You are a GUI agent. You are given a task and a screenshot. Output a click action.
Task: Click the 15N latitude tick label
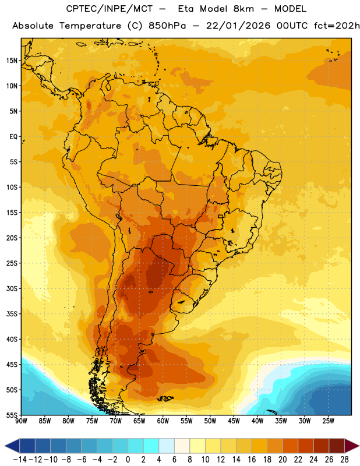pyautogui.click(x=12, y=61)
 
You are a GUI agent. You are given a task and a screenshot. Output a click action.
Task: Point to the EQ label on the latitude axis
pyautogui.click(x=13, y=137)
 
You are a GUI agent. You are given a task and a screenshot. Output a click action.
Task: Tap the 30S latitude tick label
pyautogui.click(x=12, y=288)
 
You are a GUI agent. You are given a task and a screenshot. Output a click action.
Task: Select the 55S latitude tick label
pyautogui.click(x=12, y=415)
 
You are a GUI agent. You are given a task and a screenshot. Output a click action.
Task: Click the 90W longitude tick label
pyautogui.click(x=21, y=421)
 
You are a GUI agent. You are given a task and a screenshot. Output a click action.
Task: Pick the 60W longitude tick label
pyautogui.click(x=163, y=421)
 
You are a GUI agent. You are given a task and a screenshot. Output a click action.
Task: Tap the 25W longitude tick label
pyautogui.click(x=328, y=421)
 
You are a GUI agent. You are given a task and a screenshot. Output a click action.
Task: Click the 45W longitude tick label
pyautogui.click(x=234, y=421)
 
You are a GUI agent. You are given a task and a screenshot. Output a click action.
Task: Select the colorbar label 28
pyautogui.click(x=344, y=460)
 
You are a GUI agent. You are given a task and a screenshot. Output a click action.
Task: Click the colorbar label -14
pyautogui.click(x=20, y=460)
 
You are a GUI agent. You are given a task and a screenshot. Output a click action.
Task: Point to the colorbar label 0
pyautogui.click(x=128, y=460)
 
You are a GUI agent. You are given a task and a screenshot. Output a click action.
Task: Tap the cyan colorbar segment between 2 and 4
pyautogui.click(x=151, y=446)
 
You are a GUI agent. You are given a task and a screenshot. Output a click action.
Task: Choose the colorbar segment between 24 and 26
pyautogui.click(x=322, y=446)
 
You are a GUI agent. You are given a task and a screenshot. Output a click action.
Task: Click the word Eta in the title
pyautogui.click(x=186, y=9)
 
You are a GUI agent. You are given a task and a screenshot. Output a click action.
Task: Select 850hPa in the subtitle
pyautogui.click(x=167, y=26)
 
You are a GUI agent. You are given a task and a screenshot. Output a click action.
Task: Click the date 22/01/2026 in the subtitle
pyautogui.click(x=238, y=26)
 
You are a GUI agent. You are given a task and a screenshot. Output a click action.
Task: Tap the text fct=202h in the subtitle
pyautogui.click(x=337, y=26)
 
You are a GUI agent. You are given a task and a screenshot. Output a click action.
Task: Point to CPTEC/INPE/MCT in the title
pyautogui.click(x=109, y=9)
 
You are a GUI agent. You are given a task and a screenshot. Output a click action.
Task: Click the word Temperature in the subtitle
pyautogui.click(x=90, y=26)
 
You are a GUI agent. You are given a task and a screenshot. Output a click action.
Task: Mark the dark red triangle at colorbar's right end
pyautogui.click(x=351, y=446)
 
